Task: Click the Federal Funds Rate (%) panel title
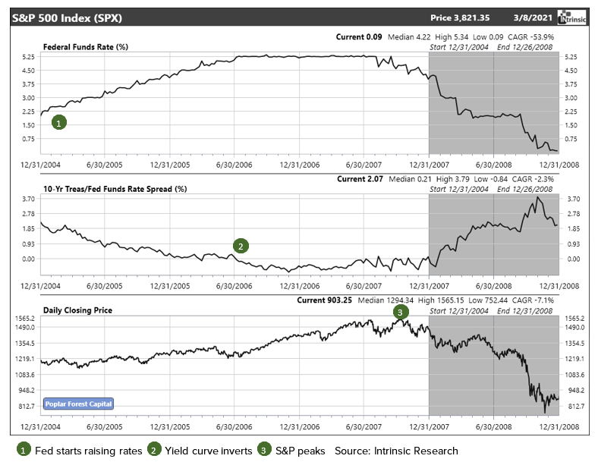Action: click(85, 47)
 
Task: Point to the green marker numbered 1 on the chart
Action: click(59, 121)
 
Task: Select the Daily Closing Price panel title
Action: click(77, 310)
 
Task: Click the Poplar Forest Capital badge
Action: click(78, 404)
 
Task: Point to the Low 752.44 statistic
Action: click(493, 300)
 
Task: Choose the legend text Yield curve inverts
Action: click(200, 451)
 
